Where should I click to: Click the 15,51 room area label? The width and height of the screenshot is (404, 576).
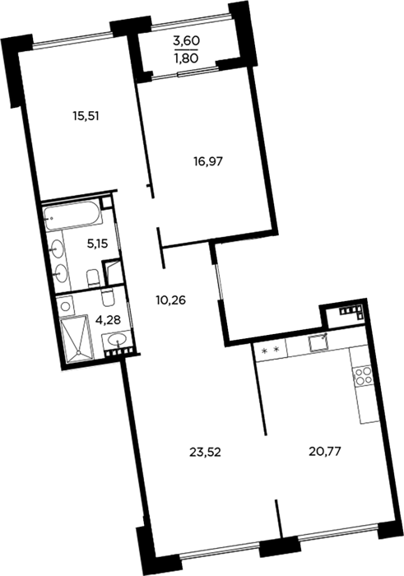pyautogui.click(x=86, y=117)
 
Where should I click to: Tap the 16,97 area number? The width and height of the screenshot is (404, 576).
pyautogui.click(x=208, y=161)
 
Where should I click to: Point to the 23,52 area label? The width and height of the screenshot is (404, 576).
pyautogui.click(x=205, y=453)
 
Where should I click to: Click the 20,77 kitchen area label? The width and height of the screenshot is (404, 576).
pyautogui.click(x=325, y=451)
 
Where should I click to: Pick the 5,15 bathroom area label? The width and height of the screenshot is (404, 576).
pyautogui.click(x=97, y=244)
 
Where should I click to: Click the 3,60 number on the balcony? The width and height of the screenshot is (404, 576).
pyautogui.click(x=186, y=41)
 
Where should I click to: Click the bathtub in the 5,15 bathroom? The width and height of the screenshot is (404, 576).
pyautogui.click(x=72, y=217)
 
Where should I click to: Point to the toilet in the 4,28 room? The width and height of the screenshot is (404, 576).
pyautogui.click(x=108, y=298)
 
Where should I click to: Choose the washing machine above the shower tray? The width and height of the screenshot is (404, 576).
pyautogui.click(x=66, y=305)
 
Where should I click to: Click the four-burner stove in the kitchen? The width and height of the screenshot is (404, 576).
pyautogui.click(x=360, y=377)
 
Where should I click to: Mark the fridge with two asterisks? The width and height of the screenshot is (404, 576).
pyautogui.click(x=271, y=351)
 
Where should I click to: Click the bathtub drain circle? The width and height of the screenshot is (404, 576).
pyautogui.click(x=51, y=218)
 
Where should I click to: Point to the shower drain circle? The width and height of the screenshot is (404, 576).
pyautogui.click(x=78, y=353)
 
